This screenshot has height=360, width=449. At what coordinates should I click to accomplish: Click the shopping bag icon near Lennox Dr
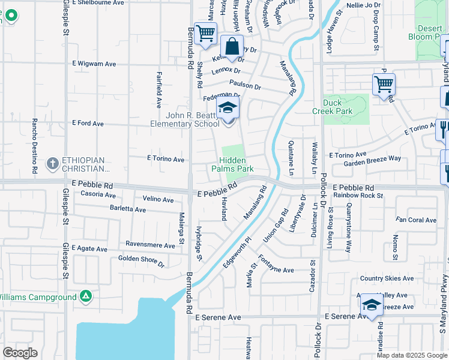click(x=232, y=47)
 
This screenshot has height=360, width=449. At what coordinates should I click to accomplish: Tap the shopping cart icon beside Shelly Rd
click(x=205, y=34)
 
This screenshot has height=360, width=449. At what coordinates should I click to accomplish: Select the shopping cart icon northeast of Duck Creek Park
click(x=384, y=84)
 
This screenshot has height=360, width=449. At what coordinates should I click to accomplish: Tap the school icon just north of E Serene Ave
click(x=372, y=305)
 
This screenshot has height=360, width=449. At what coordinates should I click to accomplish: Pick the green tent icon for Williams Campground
click(x=86, y=296)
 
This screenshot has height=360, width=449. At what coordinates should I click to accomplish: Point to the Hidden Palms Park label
click(x=236, y=165)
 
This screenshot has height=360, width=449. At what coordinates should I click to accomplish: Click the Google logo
click(x=20, y=353)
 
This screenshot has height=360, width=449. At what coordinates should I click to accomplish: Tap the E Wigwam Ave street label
click(x=94, y=64)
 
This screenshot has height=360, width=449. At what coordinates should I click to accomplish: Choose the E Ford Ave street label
click(x=88, y=124)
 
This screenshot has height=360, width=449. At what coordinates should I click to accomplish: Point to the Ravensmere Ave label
click(x=150, y=244)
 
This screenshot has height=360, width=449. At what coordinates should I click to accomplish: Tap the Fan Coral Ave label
click(x=416, y=220)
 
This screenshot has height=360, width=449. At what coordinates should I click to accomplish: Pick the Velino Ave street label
click(x=158, y=199)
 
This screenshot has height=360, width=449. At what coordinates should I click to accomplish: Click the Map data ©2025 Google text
click(x=411, y=355)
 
